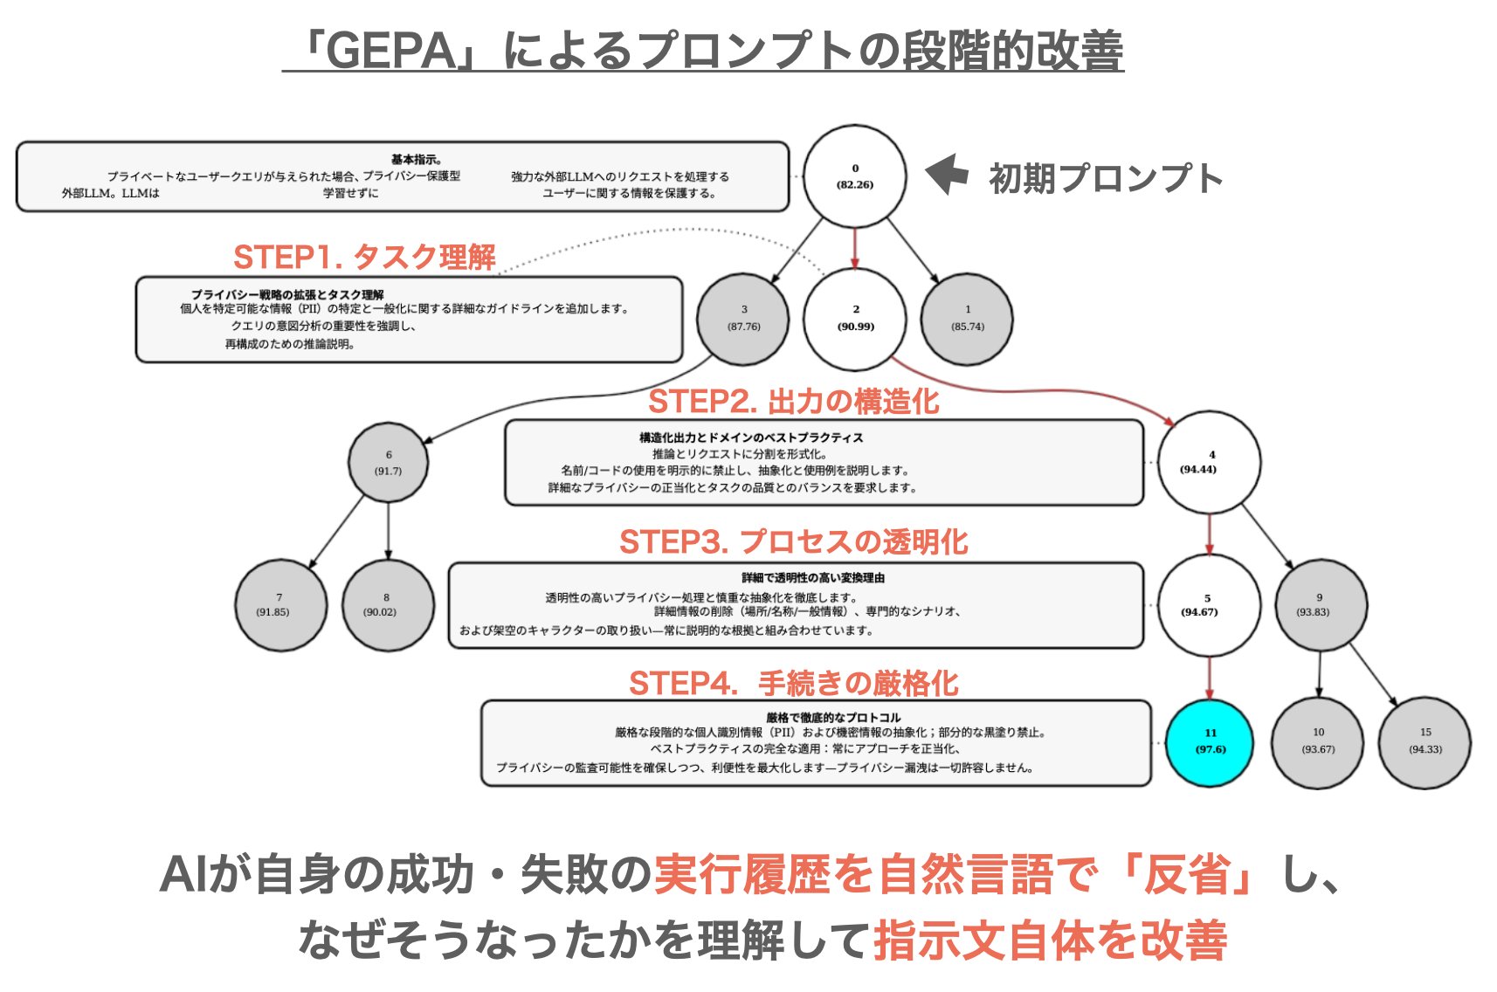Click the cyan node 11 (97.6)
1210,741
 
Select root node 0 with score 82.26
854,176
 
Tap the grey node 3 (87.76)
743,318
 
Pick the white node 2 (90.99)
855,318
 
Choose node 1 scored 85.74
967,318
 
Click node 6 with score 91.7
388,462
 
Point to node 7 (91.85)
280,604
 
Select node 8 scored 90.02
387,604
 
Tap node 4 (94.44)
1210,462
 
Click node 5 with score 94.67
1208,604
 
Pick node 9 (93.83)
1320,604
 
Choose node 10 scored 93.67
1317,741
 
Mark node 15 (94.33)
1425,741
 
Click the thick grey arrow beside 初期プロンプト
947,175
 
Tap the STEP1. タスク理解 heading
364,258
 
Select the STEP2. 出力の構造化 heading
793,402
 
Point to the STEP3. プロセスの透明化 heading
793,542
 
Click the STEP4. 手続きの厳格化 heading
793,683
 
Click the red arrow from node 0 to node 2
855,247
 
